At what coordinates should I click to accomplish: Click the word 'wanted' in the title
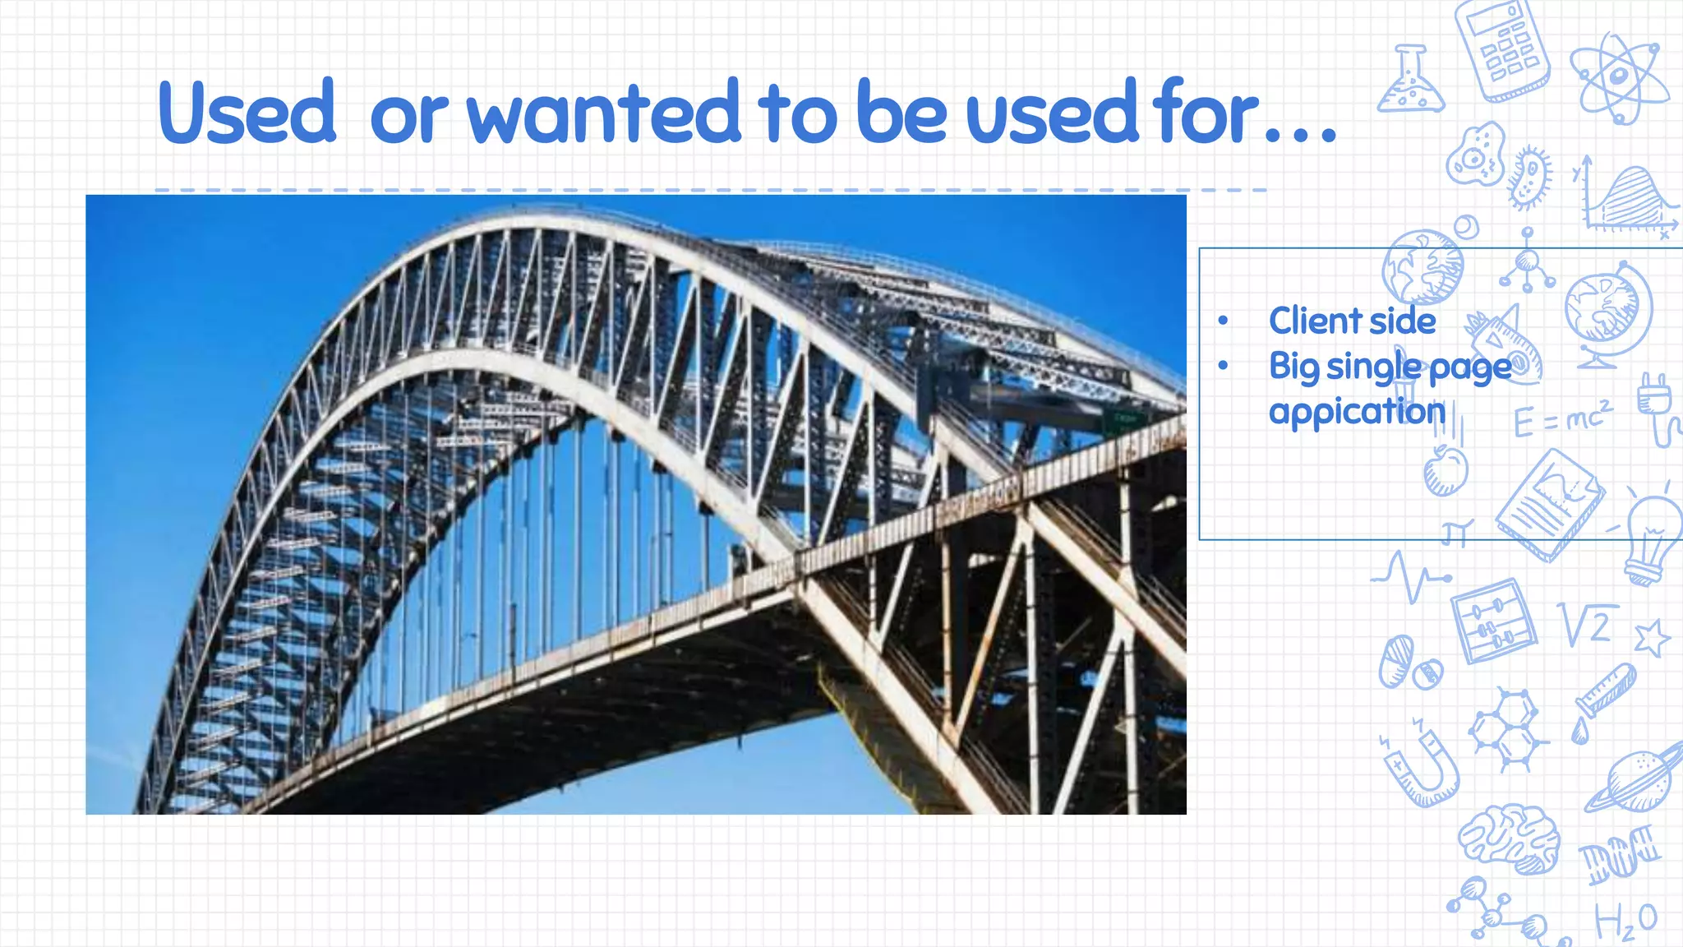(x=604, y=113)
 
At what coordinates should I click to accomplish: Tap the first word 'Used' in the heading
(x=247, y=113)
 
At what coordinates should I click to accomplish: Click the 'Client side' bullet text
(x=1352, y=321)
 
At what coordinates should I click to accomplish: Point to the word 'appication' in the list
(x=1357, y=411)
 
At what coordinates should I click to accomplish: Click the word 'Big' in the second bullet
(x=1293, y=367)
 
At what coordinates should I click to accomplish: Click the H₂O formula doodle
(x=1625, y=921)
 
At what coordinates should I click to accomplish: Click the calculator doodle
(x=1502, y=49)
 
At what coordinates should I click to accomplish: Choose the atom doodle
(x=1618, y=78)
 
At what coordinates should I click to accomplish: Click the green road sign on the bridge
(x=1124, y=420)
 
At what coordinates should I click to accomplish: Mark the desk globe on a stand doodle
(x=1607, y=312)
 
